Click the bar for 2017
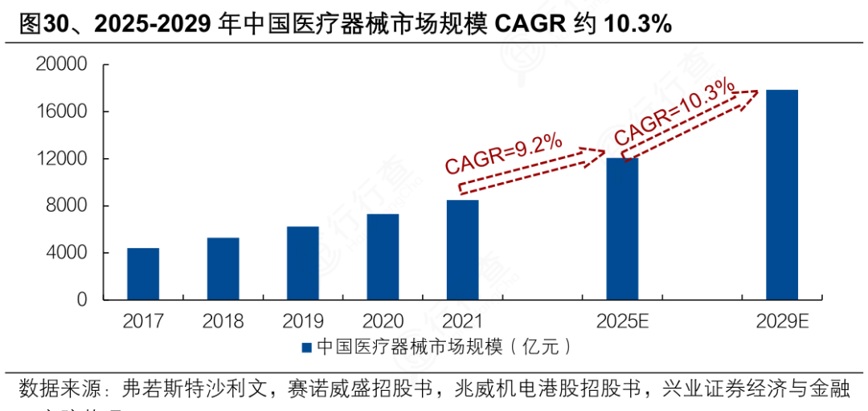click(x=143, y=274)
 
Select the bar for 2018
click(x=223, y=269)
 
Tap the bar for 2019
click(x=302, y=263)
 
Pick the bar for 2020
click(x=383, y=257)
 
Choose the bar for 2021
click(x=462, y=250)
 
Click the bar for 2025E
click(x=622, y=229)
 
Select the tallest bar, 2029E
click(x=781, y=195)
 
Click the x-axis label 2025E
click(x=622, y=322)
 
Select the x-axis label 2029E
click(x=781, y=322)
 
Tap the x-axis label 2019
click(x=302, y=322)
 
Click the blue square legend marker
click(x=306, y=348)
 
